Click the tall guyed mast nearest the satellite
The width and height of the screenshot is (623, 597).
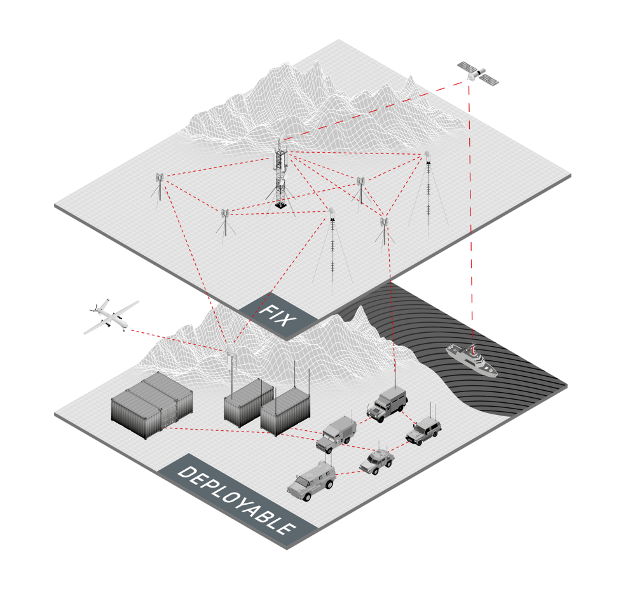click(428, 191)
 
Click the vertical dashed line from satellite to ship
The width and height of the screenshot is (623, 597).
click(470, 210)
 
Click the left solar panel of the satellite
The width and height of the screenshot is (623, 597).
click(465, 66)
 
